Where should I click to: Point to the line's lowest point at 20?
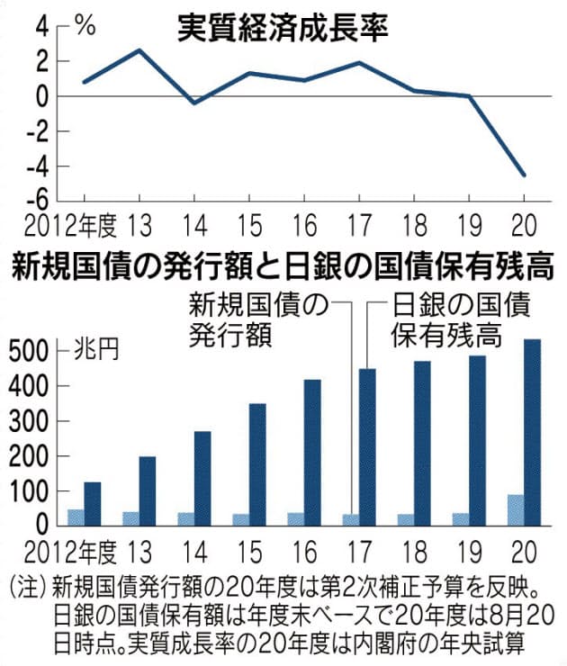(525, 175)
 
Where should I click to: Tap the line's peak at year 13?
(139, 50)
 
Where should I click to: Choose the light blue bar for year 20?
(517, 509)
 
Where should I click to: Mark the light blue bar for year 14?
(186, 518)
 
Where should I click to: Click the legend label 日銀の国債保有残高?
(458, 319)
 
